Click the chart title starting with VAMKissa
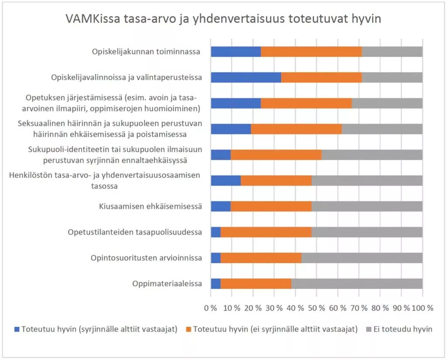point(223,20)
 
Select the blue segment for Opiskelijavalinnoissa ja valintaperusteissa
point(246,77)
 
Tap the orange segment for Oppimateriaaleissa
point(256,284)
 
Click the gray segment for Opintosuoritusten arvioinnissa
point(362,258)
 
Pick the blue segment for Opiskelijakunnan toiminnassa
point(236,51)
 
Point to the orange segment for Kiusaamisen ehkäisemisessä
point(271,206)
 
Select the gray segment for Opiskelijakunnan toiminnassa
point(392,51)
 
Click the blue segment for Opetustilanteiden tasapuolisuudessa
point(216,232)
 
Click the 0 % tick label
point(211,308)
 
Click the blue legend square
point(17,329)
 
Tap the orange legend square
point(188,329)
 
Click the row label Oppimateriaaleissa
point(167,284)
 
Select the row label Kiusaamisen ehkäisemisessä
point(150,206)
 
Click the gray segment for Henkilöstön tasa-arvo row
point(367,181)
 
